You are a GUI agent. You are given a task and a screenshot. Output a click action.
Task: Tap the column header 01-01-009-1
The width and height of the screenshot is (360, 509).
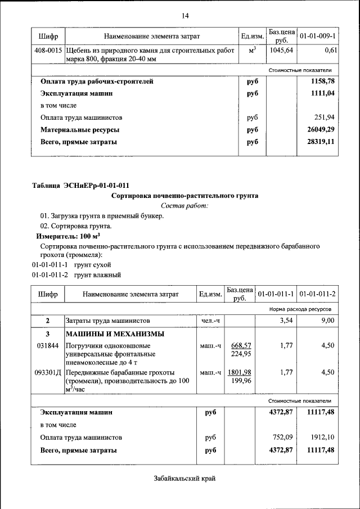coord(318,37)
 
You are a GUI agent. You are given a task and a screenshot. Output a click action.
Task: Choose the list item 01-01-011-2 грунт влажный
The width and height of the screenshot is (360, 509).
coord(76,275)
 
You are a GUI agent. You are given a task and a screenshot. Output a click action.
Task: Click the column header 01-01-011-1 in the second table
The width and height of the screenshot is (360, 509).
coord(276,294)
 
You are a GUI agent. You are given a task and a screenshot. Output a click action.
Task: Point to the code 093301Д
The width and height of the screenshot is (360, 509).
coord(48,372)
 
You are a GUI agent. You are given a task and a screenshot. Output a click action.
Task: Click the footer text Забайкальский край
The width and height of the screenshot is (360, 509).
coord(184,479)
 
